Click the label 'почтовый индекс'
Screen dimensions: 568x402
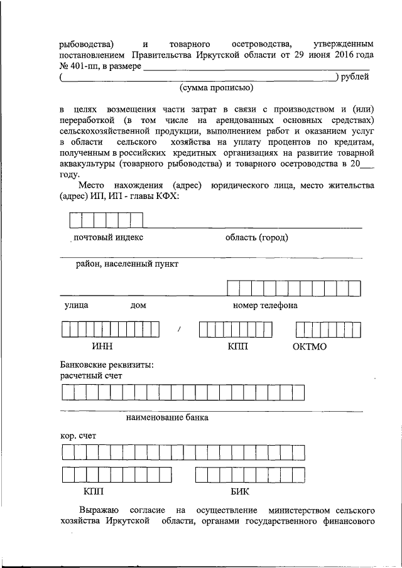(x=108, y=237)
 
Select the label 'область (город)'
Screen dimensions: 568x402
(x=256, y=237)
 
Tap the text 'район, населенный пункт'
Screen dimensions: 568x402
(x=128, y=264)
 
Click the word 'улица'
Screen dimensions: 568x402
(x=75, y=306)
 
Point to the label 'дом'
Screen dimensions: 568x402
(x=138, y=306)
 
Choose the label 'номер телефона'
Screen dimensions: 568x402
(x=264, y=306)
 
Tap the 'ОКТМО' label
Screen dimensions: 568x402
(x=310, y=346)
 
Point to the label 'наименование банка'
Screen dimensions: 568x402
(x=167, y=417)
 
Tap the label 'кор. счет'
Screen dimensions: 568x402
(x=79, y=435)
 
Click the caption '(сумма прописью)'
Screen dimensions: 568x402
(x=217, y=88)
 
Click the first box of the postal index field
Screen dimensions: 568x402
(x=75, y=220)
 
